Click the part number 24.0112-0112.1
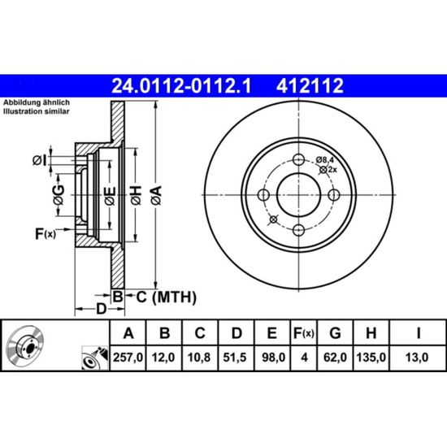(181, 86)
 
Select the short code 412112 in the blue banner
(310, 86)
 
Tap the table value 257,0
(128, 358)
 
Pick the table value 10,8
(199, 358)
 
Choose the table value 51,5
(235, 358)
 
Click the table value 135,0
(371, 358)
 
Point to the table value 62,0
(335, 358)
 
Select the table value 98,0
(273, 358)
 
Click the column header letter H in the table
(371, 333)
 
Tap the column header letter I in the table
(419, 333)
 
